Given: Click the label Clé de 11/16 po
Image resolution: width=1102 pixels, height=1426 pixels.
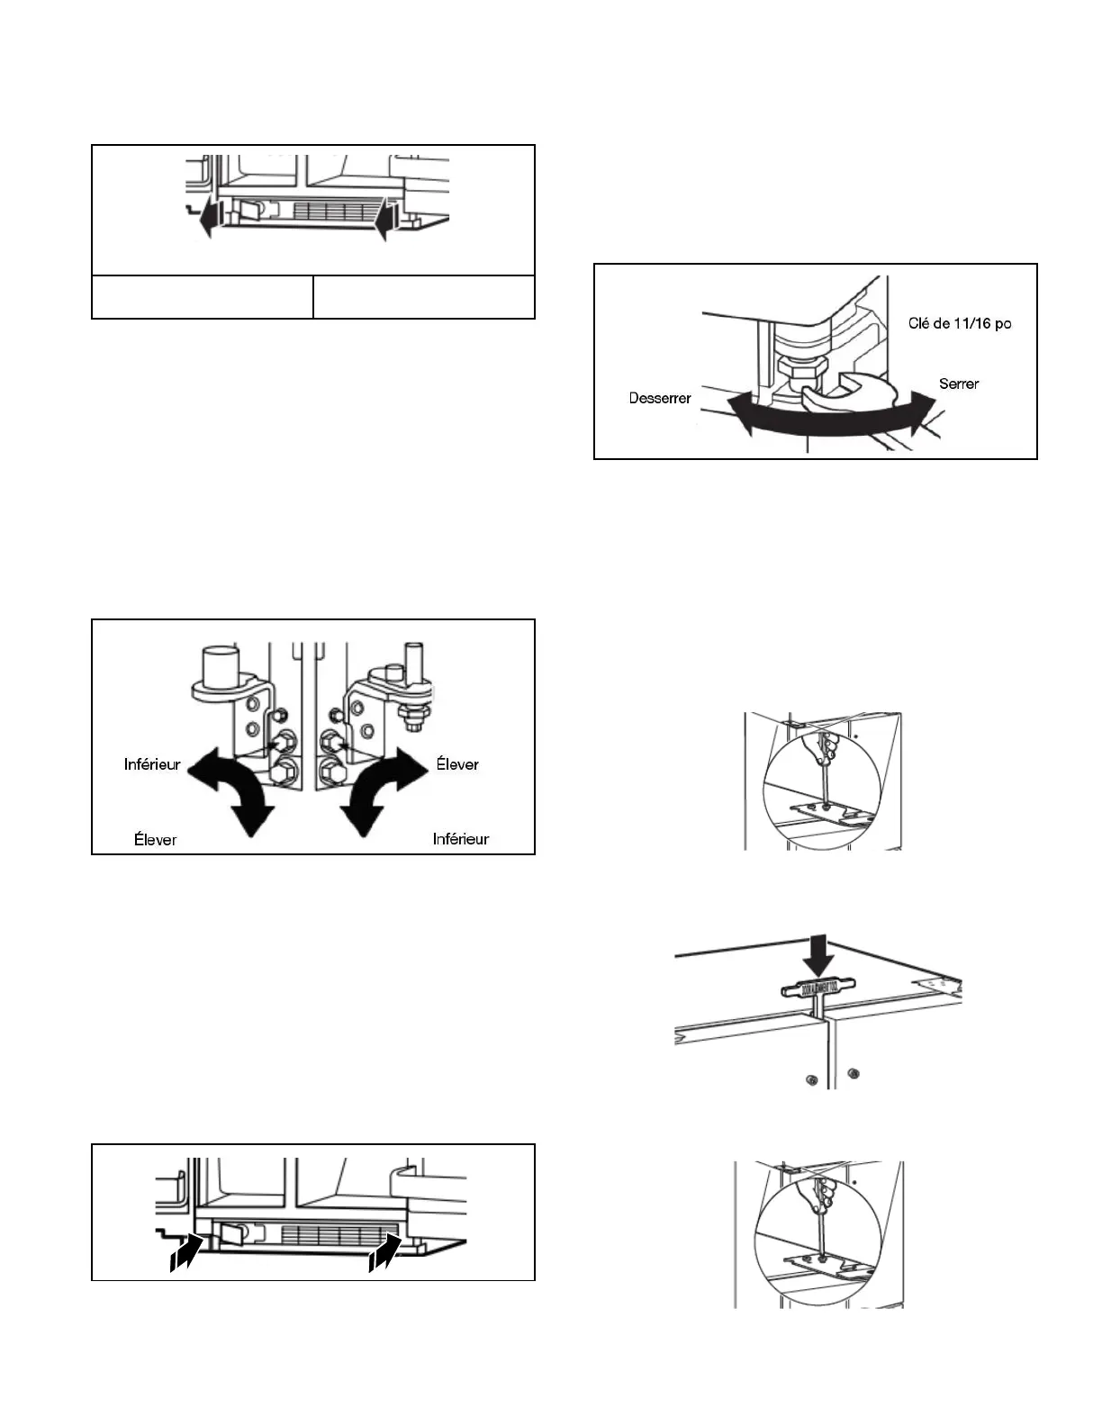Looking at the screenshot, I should pyautogui.click(x=960, y=323).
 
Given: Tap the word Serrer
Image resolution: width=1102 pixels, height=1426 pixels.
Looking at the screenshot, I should pyautogui.click(x=959, y=384).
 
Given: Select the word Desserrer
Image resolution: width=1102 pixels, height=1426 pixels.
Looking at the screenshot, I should pyautogui.click(x=660, y=398).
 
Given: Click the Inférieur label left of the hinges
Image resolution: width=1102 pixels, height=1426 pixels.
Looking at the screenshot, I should pyautogui.click(x=152, y=764).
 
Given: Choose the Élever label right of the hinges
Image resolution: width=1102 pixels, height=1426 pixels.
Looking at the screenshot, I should pyautogui.click(x=457, y=764).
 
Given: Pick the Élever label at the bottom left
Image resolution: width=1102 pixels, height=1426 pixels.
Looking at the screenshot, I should pyautogui.click(x=156, y=839).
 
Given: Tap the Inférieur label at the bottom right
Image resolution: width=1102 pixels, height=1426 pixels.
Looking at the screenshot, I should pyautogui.click(x=461, y=839).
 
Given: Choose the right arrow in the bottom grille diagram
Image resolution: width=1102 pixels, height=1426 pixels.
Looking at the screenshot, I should pyautogui.click(x=386, y=1252).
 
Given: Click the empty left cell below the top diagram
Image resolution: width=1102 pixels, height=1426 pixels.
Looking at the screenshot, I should pyautogui.click(x=203, y=297).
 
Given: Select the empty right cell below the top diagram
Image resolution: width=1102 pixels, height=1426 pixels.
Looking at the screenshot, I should pyautogui.click(x=424, y=297).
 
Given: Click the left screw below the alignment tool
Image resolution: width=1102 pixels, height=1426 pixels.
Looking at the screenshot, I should pyautogui.click(x=812, y=1079).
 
